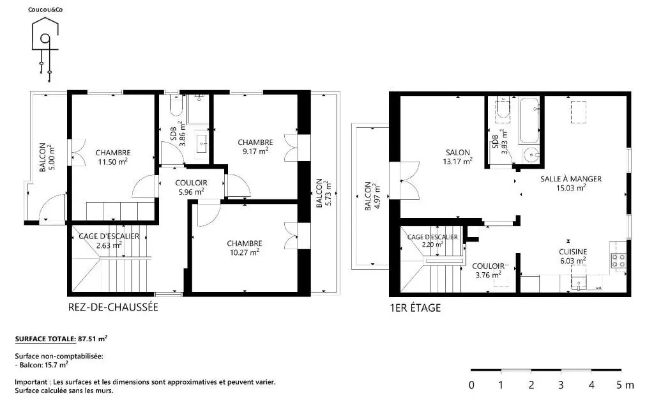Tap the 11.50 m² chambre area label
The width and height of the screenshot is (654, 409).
pyautogui.click(x=113, y=157)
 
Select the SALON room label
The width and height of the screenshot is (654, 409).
pyautogui.click(x=457, y=153)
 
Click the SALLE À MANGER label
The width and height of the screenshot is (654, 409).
pyautogui.click(x=571, y=179)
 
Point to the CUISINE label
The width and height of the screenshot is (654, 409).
pyautogui.click(x=573, y=252)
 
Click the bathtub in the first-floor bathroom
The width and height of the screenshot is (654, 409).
pyautogui.click(x=529, y=120)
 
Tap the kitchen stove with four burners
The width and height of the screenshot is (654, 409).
pyautogui.click(x=618, y=261)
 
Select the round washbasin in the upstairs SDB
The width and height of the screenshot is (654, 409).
pyautogui.click(x=531, y=155)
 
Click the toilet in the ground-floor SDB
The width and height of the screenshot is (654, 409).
pyautogui.click(x=176, y=106)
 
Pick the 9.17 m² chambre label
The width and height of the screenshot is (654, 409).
pyautogui.click(x=255, y=147)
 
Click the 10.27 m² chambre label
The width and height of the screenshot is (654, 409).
pyautogui.click(x=245, y=247)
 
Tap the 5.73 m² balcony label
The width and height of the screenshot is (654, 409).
pyautogui.click(x=324, y=193)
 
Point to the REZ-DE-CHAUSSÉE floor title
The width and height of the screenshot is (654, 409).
pyautogui.click(x=113, y=307)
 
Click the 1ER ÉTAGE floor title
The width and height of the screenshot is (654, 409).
pyautogui.click(x=415, y=308)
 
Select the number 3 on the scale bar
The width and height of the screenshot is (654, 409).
pyautogui.click(x=561, y=385)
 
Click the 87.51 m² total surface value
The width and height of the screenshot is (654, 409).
pyautogui.click(x=93, y=339)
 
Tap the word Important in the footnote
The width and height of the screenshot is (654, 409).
pyautogui.click(x=32, y=382)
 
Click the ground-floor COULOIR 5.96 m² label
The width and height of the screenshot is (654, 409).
pyautogui.click(x=191, y=187)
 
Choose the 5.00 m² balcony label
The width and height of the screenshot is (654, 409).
pyautogui.click(x=47, y=157)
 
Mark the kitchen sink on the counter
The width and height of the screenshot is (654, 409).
pyautogui.click(x=579, y=283)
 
